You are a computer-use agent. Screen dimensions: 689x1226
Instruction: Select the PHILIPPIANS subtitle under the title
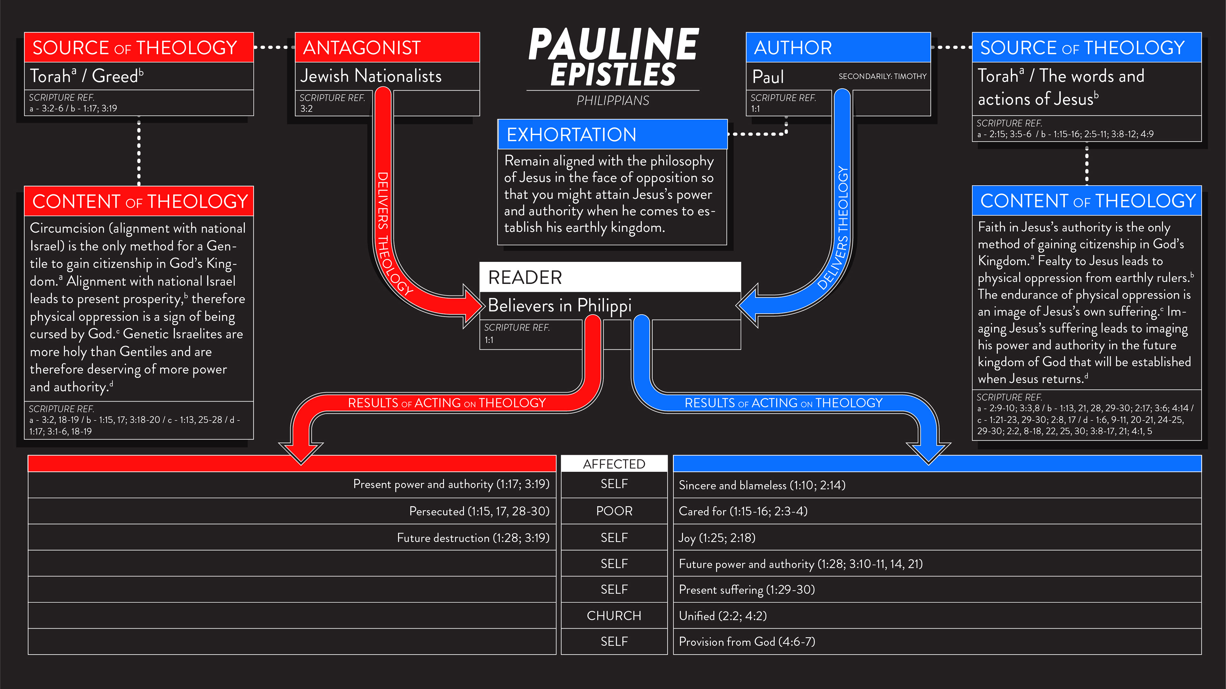point(613,101)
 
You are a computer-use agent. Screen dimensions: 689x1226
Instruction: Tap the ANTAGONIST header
point(362,48)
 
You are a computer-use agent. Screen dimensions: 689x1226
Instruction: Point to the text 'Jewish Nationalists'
point(371,76)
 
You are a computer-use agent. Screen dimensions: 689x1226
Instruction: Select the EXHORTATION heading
point(571,135)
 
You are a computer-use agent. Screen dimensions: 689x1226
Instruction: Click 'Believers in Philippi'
point(560,305)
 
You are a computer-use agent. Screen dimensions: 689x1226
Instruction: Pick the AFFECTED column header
point(614,464)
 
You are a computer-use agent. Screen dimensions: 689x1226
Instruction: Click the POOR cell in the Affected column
point(614,511)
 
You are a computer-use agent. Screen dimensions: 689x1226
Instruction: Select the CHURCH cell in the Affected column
point(614,616)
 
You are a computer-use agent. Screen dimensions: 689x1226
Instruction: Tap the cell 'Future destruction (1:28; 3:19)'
point(473,538)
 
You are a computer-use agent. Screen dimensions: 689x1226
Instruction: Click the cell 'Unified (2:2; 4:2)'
point(723,616)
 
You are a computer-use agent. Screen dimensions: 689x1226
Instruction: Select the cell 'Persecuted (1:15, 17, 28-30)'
point(479,511)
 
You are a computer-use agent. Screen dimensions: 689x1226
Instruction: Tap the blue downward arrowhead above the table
point(928,452)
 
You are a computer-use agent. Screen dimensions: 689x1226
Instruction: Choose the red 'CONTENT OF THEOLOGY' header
point(140,201)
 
